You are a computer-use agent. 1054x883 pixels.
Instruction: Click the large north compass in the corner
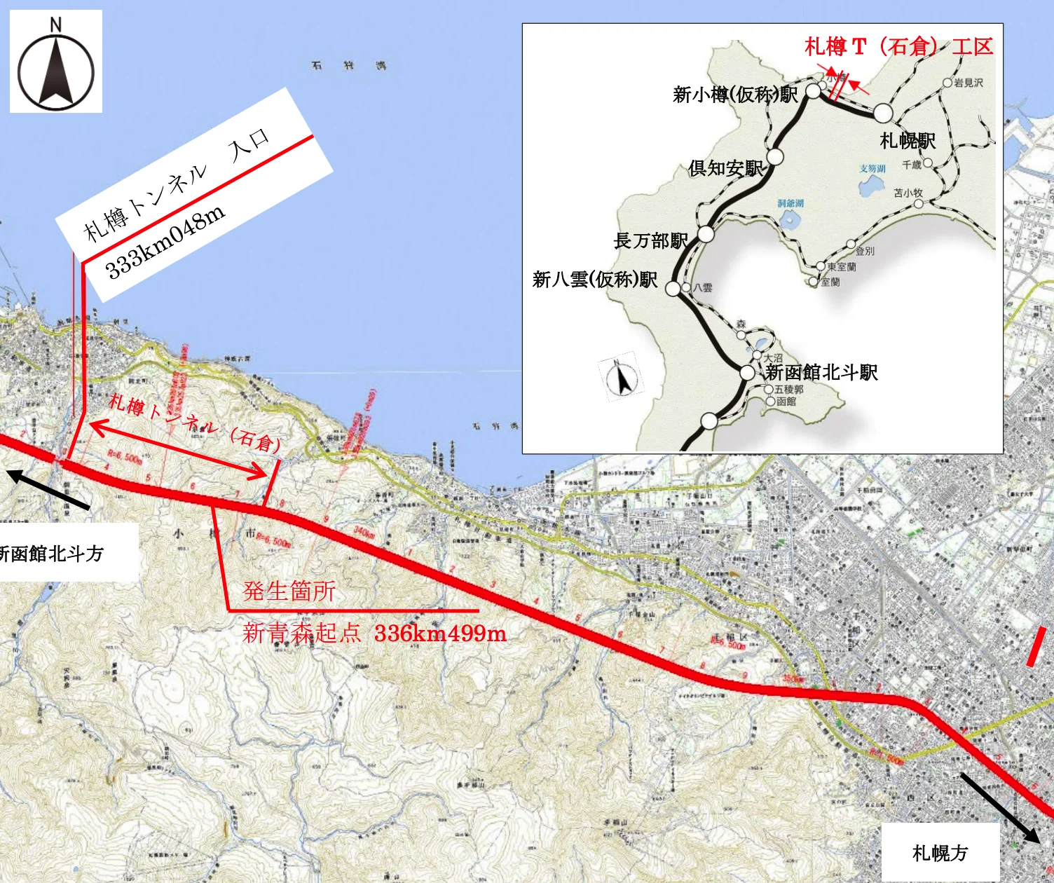(56, 62)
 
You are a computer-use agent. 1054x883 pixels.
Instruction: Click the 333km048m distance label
(165, 241)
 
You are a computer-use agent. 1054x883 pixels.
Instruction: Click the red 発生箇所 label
(289, 591)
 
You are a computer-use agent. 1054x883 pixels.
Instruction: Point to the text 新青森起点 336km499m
(374, 634)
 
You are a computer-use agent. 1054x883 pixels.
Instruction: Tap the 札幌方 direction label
(940, 853)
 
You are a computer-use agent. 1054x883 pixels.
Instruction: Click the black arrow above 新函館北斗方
(48, 489)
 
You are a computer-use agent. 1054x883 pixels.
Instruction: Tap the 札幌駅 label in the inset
(908, 141)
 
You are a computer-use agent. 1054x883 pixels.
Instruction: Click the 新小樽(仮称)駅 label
(734, 94)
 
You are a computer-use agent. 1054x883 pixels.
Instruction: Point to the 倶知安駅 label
(725, 168)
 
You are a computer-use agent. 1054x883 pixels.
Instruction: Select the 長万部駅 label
(650, 241)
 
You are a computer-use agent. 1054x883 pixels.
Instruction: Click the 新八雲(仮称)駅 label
(594, 280)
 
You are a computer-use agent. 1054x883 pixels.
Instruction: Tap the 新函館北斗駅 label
(821, 372)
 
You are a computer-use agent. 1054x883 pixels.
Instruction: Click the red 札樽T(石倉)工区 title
(898, 47)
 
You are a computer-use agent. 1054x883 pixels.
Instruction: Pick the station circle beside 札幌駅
(883, 113)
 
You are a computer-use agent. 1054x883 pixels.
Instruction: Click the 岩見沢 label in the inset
(969, 83)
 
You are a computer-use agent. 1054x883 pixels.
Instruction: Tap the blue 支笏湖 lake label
(872, 169)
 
